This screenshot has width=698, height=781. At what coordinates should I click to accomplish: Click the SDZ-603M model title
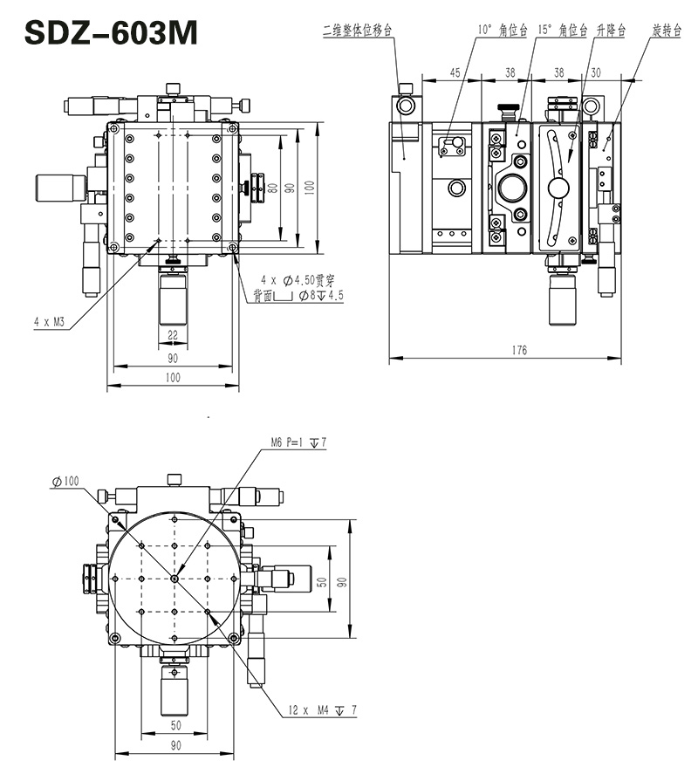(x=111, y=33)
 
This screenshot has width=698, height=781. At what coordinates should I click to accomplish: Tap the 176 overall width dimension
(x=519, y=351)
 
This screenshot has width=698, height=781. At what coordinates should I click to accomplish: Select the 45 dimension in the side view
(x=455, y=73)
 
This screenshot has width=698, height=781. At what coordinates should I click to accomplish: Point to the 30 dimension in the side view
(x=596, y=73)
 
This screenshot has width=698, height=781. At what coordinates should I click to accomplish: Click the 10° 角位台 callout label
(x=502, y=30)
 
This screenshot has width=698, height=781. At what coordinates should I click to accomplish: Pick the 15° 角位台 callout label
(x=563, y=30)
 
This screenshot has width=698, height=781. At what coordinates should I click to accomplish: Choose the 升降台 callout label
(x=612, y=30)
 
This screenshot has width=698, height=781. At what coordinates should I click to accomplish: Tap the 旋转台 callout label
(x=666, y=30)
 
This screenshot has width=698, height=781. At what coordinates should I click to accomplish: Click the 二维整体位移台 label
(x=358, y=30)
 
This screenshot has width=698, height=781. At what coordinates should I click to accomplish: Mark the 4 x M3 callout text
(x=50, y=322)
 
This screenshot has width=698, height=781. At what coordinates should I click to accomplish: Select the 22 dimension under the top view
(x=172, y=335)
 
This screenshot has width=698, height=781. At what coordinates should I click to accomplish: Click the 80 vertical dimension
(x=273, y=187)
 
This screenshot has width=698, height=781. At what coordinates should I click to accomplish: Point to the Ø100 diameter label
(x=65, y=481)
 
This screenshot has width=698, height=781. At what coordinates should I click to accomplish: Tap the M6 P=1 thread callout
(x=298, y=443)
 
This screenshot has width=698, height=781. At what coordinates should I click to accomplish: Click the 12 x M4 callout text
(x=322, y=711)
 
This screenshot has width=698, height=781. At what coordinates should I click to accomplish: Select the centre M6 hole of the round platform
(x=174, y=578)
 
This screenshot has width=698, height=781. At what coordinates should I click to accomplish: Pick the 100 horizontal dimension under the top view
(x=172, y=378)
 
